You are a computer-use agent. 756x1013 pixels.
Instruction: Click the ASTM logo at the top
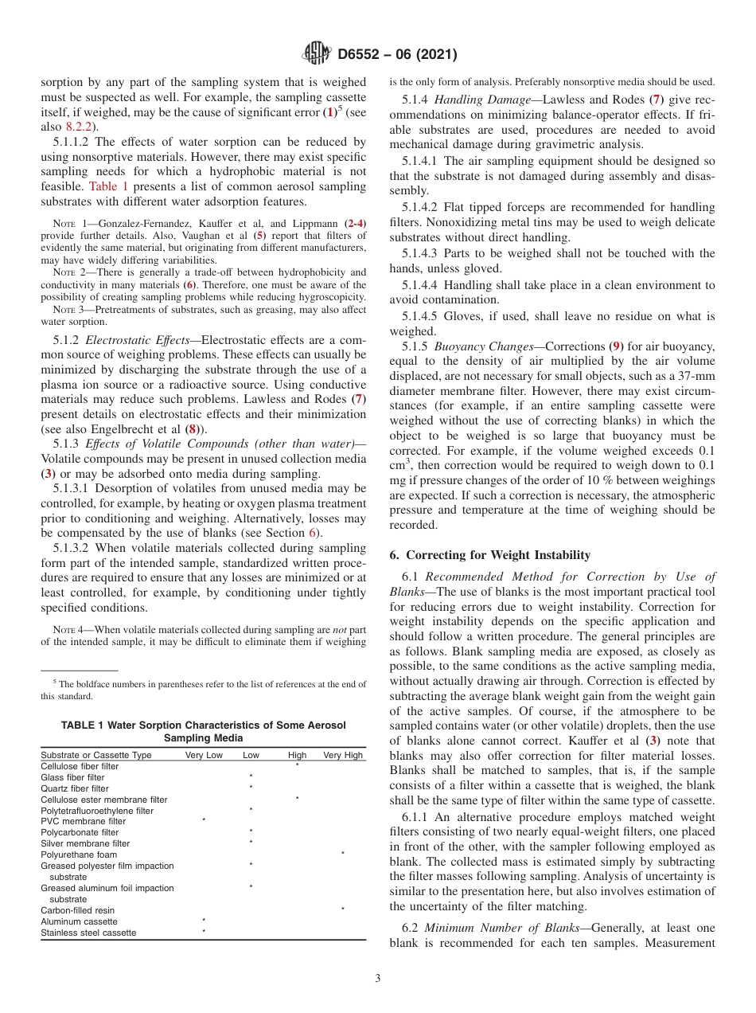[x=317, y=54]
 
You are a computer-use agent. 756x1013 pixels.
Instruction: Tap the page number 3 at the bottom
[x=377, y=979]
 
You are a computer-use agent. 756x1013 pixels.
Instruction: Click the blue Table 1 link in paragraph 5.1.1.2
[x=103, y=186]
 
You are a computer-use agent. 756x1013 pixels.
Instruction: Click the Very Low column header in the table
[x=204, y=754]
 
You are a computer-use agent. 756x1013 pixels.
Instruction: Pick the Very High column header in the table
[x=342, y=754]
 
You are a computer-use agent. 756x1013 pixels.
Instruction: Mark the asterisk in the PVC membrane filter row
[x=204, y=819]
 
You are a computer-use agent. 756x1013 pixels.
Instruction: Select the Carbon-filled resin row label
[x=77, y=909]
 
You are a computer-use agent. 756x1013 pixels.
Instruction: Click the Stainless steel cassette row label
[x=88, y=933]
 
